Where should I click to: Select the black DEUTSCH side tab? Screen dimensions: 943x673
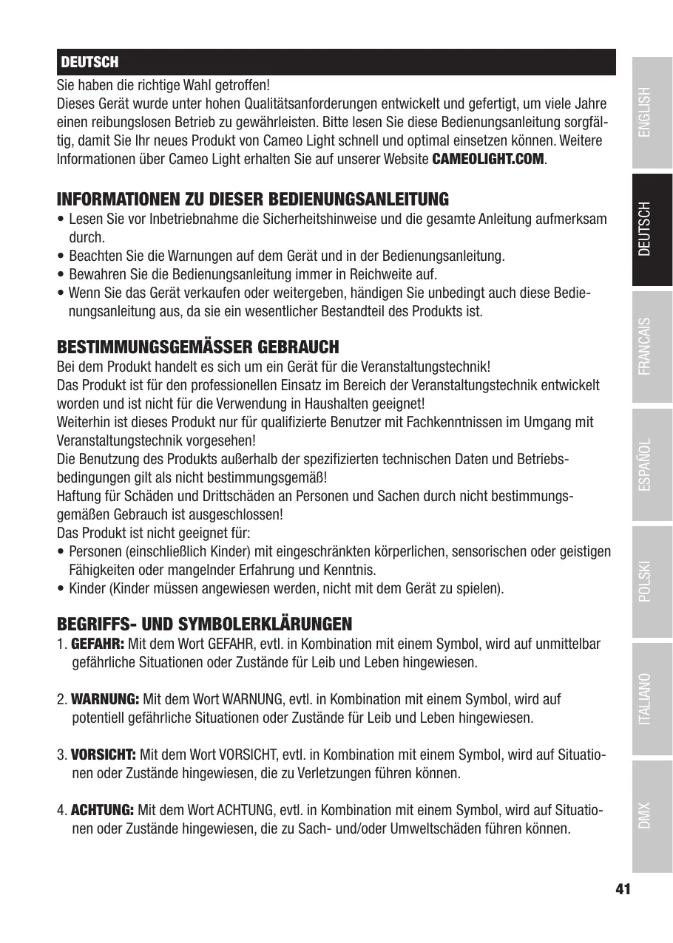pyautogui.click(x=652, y=229)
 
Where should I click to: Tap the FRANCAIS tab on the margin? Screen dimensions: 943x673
pyautogui.click(x=652, y=347)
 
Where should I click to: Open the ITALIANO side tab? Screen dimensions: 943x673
pyautogui.click(x=652, y=699)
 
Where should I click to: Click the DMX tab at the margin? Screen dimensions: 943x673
pyautogui.click(x=652, y=816)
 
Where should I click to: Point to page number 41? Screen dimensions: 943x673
pyautogui.click(x=623, y=889)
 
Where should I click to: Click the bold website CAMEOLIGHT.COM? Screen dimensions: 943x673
pyautogui.click(x=487, y=160)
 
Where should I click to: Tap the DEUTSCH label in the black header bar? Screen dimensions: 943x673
pyautogui.click(x=89, y=62)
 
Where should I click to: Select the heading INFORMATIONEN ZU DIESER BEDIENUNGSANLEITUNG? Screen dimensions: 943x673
pyautogui.click(x=253, y=200)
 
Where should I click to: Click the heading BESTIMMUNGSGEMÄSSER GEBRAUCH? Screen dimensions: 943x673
pyautogui.click(x=198, y=347)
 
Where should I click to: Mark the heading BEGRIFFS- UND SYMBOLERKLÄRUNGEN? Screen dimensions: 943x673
pyautogui.click(x=205, y=624)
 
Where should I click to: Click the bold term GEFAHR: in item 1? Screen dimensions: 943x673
pyautogui.click(x=98, y=644)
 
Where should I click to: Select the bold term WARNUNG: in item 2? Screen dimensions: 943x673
pyautogui.click(x=105, y=699)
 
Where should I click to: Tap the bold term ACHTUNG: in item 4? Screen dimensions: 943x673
pyautogui.click(x=102, y=810)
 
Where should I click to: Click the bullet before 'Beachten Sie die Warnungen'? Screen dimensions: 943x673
pyautogui.click(x=60, y=256)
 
